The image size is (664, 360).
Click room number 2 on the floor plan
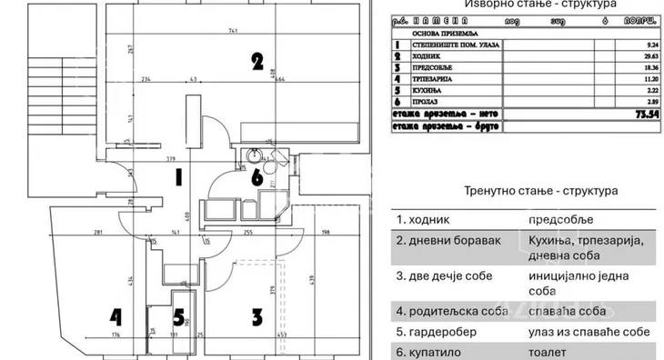[x=257, y=62]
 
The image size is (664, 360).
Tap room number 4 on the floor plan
[x=116, y=316]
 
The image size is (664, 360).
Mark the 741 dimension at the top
[x=233, y=31]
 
